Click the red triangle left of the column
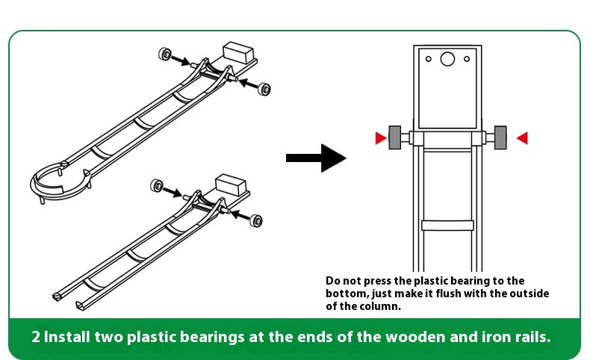[x=381, y=137]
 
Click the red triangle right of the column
[x=522, y=137]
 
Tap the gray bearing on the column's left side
[x=395, y=137]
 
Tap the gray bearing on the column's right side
[x=500, y=137]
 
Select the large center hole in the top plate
[x=447, y=59]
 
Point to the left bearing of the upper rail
[x=165, y=54]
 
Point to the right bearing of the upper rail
[x=264, y=88]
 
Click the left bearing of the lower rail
[x=158, y=184]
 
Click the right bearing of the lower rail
[x=256, y=220]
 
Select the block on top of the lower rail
[x=231, y=184]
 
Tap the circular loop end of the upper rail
[x=60, y=179]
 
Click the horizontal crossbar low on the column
[x=447, y=226]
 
